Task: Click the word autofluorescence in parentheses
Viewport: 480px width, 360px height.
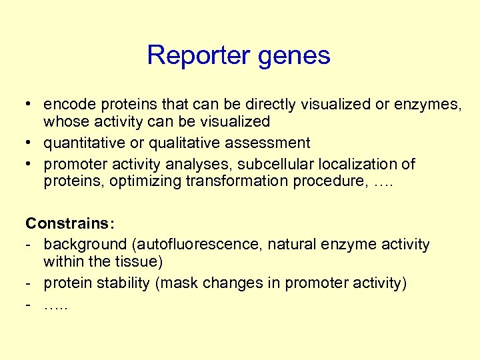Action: tap(208, 245)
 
